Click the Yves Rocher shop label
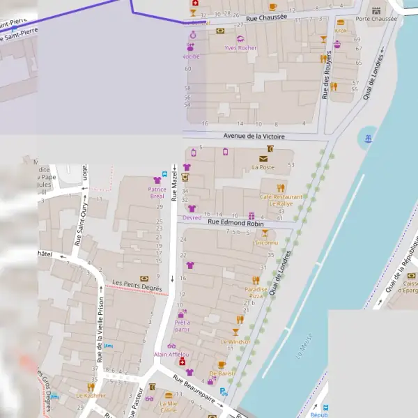[x=240, y=48]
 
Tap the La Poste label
[x=263, y=167]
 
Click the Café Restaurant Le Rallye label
[x=281, y=200]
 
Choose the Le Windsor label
[x=235, y=342]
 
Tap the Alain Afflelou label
[x=171, y=355]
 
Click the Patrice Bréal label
[x=157, y=192]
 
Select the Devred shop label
[x=192, y=217]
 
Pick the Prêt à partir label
[x=183, y=325]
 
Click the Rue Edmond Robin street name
[x=233, y=224]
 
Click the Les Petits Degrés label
[x=137, y=285]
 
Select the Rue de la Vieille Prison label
[x=101, y=330]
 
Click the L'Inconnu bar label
[x=265, y=242]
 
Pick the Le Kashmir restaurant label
[x=91, y=395]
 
